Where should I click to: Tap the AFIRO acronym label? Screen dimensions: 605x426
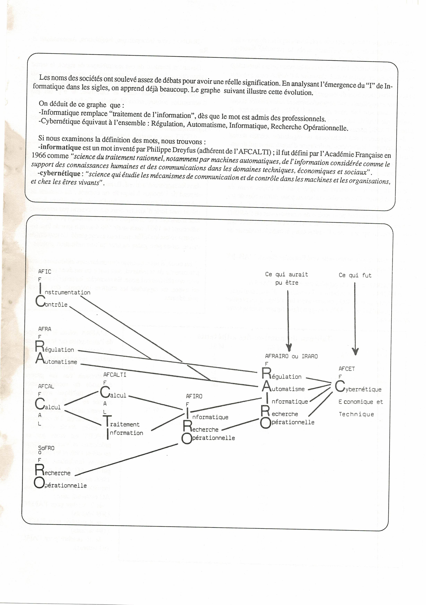(194, 396)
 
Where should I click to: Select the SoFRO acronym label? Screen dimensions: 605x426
(46, 448)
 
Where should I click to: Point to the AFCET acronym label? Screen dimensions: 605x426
(347, 369)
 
